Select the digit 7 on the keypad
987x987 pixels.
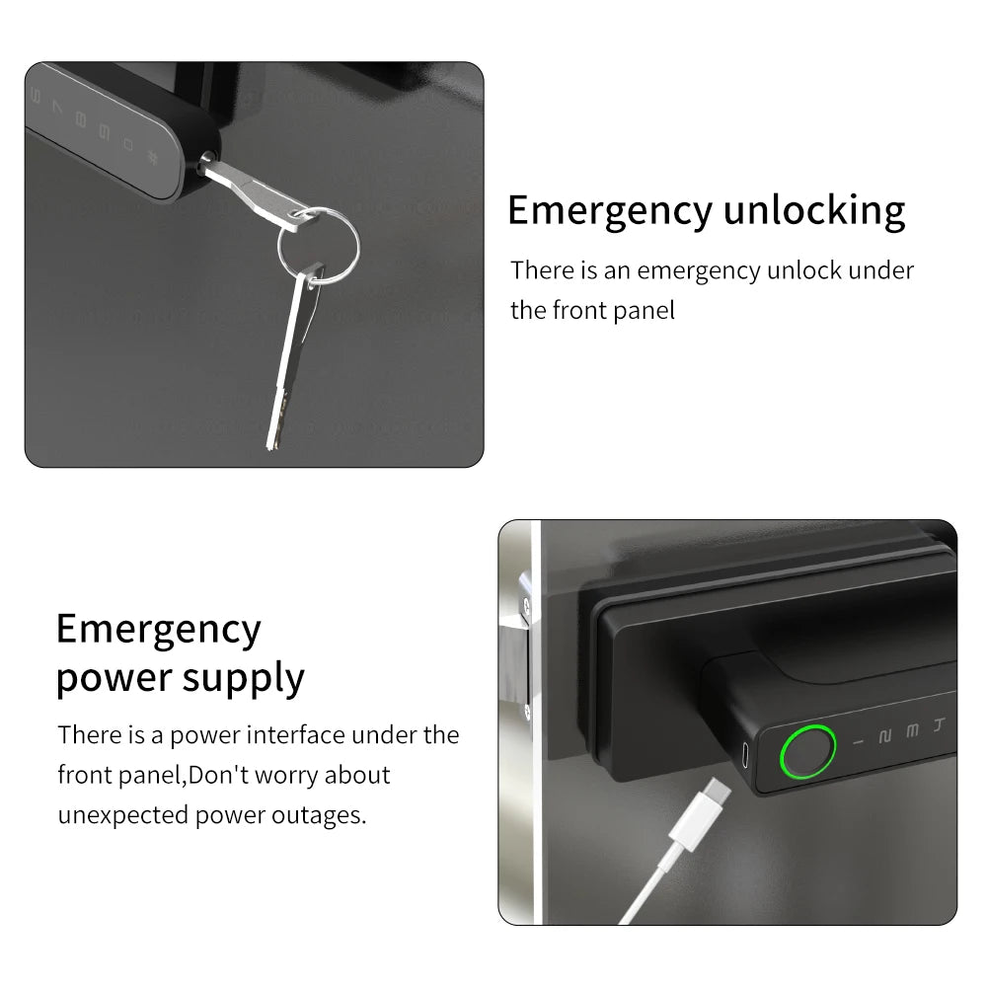[x=57, y=111]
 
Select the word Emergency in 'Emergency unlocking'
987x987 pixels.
[x=609, y=210]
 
